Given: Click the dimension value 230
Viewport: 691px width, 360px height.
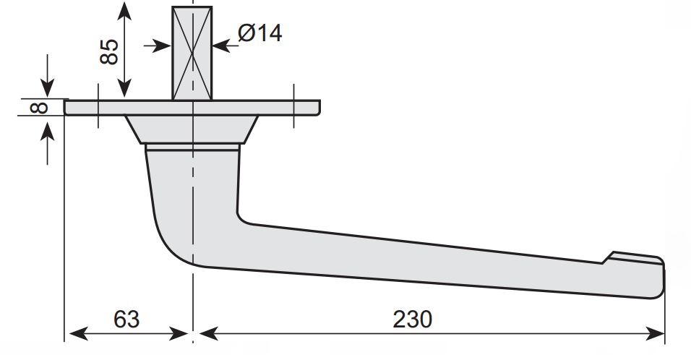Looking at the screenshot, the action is (412, 320).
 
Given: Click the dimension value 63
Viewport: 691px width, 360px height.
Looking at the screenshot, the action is (126, 320).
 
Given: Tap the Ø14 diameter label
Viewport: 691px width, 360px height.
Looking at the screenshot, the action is (260, 33).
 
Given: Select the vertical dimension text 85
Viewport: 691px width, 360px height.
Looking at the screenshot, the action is (109, 51).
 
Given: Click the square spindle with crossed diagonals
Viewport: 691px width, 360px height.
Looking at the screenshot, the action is (192, 53).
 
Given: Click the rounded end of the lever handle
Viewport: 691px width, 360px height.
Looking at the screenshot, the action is (658, 278).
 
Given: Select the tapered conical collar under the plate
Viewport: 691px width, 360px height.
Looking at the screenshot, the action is (192, 129).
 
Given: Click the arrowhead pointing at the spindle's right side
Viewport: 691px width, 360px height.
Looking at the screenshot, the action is (221, 45).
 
